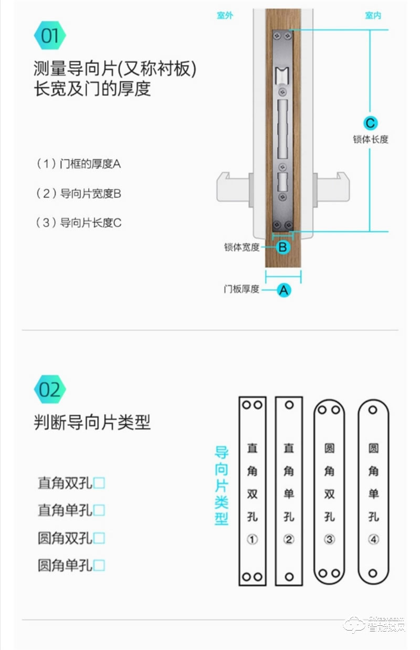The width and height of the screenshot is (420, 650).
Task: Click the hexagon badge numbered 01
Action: [x=50, y=36]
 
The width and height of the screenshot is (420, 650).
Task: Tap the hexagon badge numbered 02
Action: [x=50, y=390]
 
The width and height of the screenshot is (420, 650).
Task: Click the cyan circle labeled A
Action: [x=284, y=289]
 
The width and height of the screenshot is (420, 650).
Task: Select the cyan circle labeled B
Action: [x=283, y=247]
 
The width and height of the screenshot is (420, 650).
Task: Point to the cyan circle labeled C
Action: [x=370, y=123]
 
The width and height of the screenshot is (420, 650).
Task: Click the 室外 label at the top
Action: [x=225, y=16]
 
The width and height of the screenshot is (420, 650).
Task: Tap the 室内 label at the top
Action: [x=373, y=16]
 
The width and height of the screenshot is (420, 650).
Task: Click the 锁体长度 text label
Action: [x=371, y=140]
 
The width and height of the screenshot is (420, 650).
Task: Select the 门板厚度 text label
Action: [x=241, y=289]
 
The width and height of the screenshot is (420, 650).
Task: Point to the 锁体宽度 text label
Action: [x=241, y=247]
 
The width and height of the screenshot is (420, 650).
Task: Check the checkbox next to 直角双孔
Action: [x=99, y=483]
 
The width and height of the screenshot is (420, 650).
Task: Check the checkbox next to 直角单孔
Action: [x=99, y=510]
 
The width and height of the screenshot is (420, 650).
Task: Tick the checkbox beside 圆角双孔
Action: [x=99, y=538]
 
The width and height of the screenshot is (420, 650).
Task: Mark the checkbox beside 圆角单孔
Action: [x=99, y=565]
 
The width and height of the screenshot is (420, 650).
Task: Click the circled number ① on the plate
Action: [x=252, y=539]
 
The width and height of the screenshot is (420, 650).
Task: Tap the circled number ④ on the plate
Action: [x=373, y=539]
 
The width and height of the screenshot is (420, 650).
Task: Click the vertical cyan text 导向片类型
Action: [x=222, y=486]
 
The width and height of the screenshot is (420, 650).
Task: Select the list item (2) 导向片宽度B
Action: [x=79, y=194]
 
